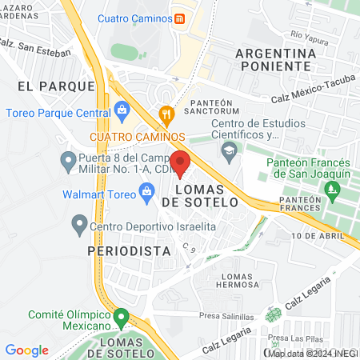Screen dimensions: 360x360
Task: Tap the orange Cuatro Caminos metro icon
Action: (x=180, y=18)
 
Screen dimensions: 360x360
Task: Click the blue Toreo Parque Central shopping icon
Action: (x=122, y=109)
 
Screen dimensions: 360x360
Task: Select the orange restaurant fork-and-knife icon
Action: (x=166, y=114)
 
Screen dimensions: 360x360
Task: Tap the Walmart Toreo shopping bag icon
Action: (x=146, y=190)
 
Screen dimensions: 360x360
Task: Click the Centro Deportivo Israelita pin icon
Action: (x=78, y=226)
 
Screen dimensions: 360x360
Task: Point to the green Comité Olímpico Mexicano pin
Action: (x=121, y=318)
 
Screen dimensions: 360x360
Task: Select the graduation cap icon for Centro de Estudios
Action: (x=230, y=150)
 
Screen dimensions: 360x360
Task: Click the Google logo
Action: (x=26, y=350)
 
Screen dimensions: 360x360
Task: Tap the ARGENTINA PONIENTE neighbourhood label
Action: (x=273, y=60)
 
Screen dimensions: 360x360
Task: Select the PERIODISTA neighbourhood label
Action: (x=130, y=250)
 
